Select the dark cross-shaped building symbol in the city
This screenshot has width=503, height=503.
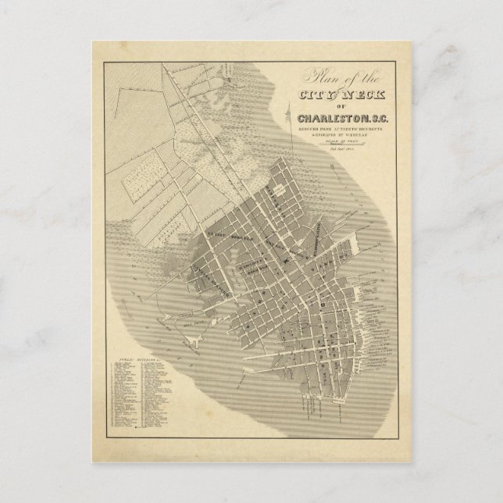(x=320, y=299)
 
